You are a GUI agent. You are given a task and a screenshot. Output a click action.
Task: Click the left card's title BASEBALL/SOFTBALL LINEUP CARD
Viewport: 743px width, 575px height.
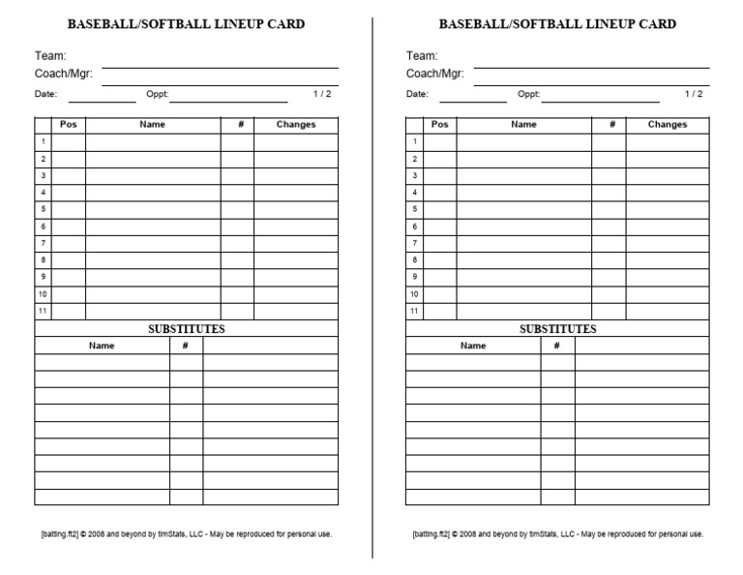(x=186, y=24)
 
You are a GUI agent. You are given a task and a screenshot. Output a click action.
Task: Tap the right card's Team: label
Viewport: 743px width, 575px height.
(x=421, y=56)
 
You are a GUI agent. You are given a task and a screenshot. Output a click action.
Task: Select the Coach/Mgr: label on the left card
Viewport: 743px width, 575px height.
(x=63, y=74)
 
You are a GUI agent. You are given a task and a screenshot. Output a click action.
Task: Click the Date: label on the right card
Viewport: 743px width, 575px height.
(x=417, y=94)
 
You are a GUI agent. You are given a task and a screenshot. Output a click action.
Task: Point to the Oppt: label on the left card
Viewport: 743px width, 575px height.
(x=157, y=94)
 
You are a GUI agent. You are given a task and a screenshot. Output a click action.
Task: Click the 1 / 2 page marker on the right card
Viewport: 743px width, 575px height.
(x=694, y=94)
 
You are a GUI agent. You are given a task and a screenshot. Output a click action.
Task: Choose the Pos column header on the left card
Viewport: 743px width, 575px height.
(x=68, y=125)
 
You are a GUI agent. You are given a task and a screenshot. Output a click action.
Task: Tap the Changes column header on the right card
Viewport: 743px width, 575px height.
(x=667, y=125)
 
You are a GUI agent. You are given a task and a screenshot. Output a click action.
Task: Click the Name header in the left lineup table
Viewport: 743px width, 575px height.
(x=152, y=125)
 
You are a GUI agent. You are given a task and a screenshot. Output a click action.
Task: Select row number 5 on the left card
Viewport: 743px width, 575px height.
(x=44, y=209)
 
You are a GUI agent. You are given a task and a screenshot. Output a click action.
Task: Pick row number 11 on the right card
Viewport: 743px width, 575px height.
(x=415, y=311)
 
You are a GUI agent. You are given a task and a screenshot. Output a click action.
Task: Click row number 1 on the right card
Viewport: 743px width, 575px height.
(x=415, y=142)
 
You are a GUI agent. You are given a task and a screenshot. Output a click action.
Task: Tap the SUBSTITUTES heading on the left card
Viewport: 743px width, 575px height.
(x=186, y=329)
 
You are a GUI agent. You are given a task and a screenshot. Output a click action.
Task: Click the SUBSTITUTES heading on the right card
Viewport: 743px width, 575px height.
(x=557, y=329)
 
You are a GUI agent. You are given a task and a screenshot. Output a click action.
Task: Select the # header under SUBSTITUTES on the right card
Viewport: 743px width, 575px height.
(x=557, y=346)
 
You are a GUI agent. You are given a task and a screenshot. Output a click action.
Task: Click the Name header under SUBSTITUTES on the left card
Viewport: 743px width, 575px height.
(x=102, y=346)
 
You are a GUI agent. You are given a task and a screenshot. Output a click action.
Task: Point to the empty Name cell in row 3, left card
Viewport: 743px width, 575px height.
(x=152, y=176)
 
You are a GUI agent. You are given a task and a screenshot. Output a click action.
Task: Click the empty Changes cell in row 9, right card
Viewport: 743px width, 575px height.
(x=667, y=277)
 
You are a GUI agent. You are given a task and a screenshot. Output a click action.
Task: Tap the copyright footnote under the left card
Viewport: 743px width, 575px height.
(x=186, y=533)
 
